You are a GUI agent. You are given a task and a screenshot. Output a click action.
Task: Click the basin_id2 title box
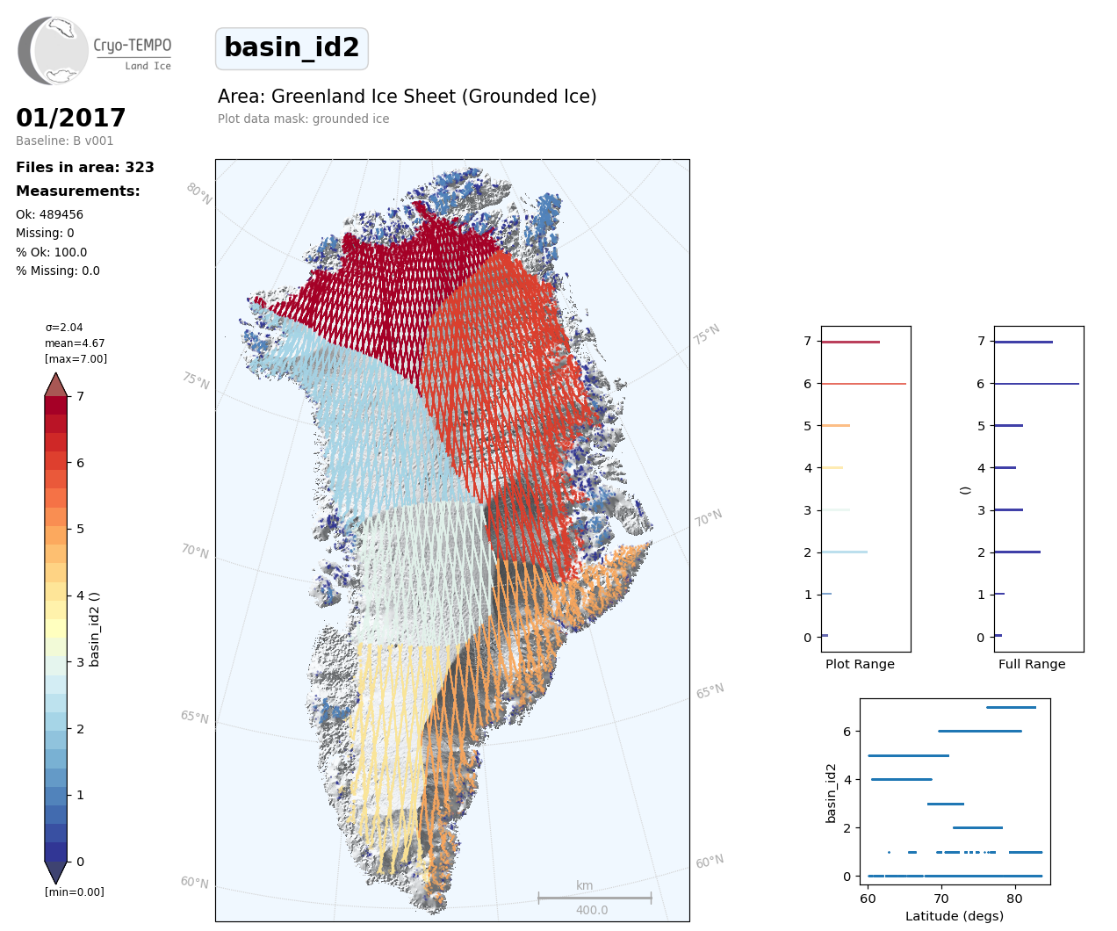click(x=292, y=48)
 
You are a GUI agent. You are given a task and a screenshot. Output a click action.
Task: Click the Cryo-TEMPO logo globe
click(x=54, y=51)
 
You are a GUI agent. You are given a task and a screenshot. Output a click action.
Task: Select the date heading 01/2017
click(x=71, y=118)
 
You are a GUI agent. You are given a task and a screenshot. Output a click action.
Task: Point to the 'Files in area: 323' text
click(x=85, y=167)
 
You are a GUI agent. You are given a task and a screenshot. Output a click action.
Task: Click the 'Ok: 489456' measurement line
click(x=50, y=214)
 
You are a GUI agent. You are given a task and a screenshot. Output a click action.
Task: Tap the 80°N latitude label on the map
click(x=199, y=193)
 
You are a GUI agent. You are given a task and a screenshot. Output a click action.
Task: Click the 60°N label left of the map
click(x=194, y=882)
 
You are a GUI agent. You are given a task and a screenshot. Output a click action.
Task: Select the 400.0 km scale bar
click(x=595, y=898)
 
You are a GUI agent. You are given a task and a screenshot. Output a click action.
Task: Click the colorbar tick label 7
click(x=81, y=396)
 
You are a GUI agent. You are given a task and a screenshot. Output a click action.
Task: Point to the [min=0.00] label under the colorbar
click(x=75, y=892)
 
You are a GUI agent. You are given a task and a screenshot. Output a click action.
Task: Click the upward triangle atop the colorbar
click(x=56, y=385)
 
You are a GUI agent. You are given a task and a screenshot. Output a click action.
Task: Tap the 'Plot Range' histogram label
click(x=860, y=664)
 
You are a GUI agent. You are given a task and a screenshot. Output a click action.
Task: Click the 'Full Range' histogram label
click(x=1032, y=664)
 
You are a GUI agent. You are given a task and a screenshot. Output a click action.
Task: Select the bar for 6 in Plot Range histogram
click(x=863, y=384)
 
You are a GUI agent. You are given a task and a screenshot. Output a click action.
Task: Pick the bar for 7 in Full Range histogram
click(x=1023, y=342)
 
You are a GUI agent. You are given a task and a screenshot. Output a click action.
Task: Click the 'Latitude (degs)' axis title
click(x=955, y=916)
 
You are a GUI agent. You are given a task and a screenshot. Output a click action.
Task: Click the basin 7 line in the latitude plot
click(x=1011, y=707)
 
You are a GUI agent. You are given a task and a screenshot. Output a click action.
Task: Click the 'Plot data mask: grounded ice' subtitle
click(x=304, y=119)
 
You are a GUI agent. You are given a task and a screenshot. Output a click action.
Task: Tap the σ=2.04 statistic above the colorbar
click(x=64, y=328)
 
